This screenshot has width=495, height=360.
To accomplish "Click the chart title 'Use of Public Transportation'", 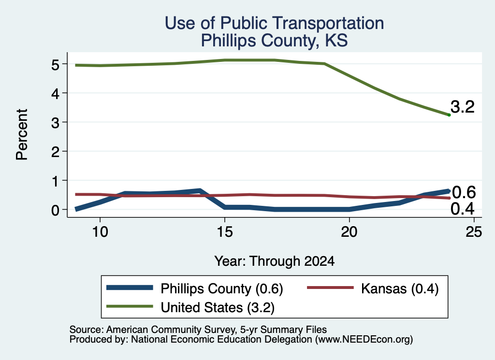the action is [274, 23].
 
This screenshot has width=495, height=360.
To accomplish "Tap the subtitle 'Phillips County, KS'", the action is [274, 41].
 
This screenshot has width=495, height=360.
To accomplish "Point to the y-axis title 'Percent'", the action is [22, 135].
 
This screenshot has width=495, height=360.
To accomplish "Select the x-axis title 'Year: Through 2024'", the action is [275, 261].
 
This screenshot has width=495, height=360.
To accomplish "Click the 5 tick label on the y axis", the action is [55, 65].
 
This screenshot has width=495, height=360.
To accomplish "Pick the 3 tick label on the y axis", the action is [55, 123].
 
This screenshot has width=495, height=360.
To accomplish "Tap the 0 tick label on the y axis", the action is [55, 210].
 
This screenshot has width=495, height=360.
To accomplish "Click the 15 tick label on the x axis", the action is [225, 232].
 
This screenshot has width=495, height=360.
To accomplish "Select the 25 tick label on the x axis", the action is [474, 232].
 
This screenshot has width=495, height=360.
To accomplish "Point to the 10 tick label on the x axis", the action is [100, 232].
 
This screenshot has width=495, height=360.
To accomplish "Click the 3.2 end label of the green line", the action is [463, 107].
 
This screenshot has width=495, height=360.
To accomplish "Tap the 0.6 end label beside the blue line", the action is [464, 192].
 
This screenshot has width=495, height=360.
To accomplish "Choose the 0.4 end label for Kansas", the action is [463, 209].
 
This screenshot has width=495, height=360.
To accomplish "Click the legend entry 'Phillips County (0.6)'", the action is [221, 288].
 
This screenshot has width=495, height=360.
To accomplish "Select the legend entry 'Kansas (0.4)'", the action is [400, 288].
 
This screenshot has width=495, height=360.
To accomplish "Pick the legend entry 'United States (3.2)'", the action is [218, 308].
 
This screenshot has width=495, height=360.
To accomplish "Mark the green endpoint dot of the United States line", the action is [449, 115].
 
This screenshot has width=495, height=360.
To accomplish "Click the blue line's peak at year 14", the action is [200, 190].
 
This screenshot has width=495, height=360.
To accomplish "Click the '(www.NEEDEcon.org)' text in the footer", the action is [364, 340].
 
